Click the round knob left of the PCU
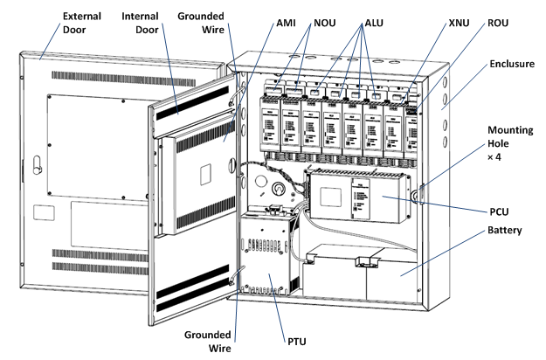280,187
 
